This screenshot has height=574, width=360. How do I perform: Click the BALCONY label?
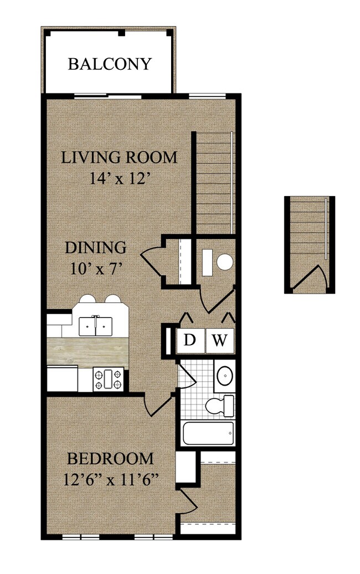point(110,64)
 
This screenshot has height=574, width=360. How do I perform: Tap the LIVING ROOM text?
point(119,157)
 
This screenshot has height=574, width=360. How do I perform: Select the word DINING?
point(95,248)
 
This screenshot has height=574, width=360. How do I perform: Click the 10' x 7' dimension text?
point(95,269)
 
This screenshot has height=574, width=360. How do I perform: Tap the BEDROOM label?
point(110,459)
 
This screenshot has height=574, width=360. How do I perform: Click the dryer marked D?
point(190,341)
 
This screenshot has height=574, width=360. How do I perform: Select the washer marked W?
point(219,341)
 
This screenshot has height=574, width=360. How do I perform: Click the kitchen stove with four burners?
point(109,379)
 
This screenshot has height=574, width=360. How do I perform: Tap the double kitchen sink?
point(95,326)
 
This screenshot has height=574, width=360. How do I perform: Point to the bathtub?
point(208,433)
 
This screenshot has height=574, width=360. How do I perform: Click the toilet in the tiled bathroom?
point(219,406)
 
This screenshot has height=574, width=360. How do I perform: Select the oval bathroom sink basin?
point(225,376)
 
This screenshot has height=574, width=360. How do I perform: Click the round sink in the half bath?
point(225,262)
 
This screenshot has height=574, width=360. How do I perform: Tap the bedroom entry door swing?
point(158,405)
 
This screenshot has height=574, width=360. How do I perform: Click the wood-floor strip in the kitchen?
point(88,351)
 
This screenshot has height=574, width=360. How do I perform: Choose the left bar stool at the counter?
point(88,299)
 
